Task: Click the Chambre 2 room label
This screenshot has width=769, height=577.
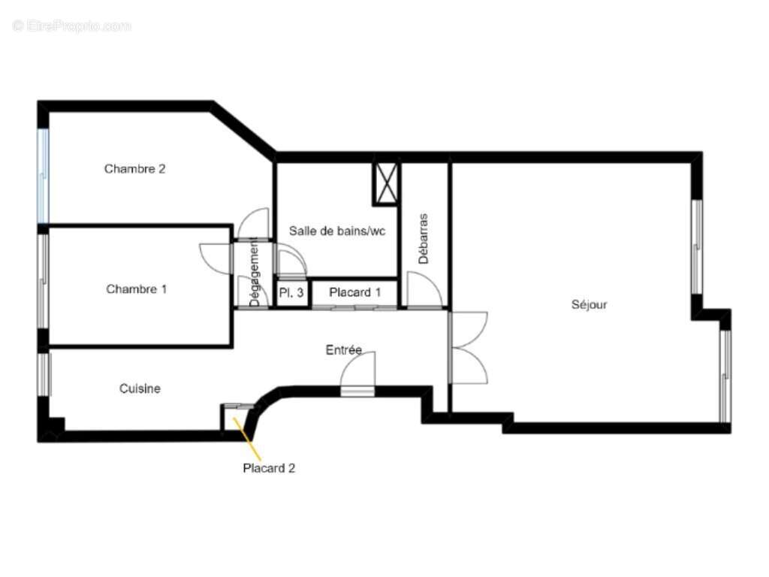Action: tap(135, 169)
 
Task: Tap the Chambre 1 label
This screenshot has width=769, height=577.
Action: tap(137, 289)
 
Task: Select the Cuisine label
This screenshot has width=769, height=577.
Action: tap(140, 389)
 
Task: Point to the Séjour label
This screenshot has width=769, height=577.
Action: tap(590, 305)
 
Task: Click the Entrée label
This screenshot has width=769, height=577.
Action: tap(344, 350)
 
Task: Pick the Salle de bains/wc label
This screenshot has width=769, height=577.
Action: tap(337, 231)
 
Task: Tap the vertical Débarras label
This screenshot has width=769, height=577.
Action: tap(424, 238)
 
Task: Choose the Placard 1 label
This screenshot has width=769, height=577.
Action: tap(354, 293)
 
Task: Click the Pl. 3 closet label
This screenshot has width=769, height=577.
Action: tap(291, 293)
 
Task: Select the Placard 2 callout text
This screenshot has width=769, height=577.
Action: tap(269, 469)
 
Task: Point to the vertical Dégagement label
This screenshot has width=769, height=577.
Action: tap(254, 271)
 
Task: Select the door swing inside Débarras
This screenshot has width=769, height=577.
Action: tap(423, 290)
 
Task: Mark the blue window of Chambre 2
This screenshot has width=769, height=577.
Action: tap(43, 176)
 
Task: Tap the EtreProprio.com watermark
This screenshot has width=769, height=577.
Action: tap(72, 26)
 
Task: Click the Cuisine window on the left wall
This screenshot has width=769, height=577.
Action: tap(44, 374)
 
